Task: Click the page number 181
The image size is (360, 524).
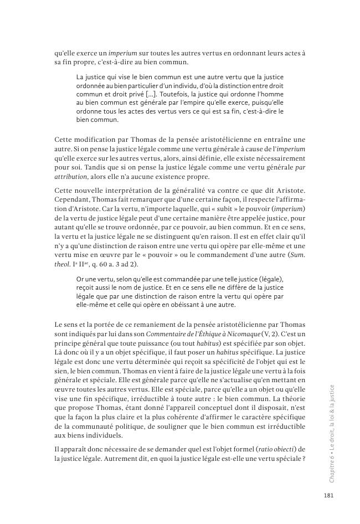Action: (x=328, y=496)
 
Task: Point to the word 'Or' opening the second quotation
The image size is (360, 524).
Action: (x=80, y=279)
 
